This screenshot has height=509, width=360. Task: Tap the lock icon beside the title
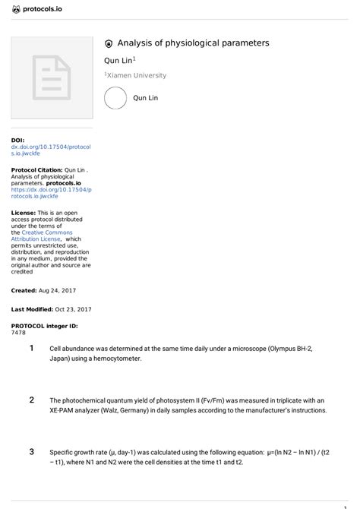(109, 44)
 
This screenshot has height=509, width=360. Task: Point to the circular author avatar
(115, 99)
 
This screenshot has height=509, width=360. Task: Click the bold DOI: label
(17, 141)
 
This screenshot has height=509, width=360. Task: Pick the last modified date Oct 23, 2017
(73, 309)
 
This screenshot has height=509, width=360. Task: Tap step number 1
(31, 348)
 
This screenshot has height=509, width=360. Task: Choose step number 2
(31, 400)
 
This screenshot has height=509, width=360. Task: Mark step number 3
(31, 451)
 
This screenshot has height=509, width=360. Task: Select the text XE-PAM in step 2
(64, 410)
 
